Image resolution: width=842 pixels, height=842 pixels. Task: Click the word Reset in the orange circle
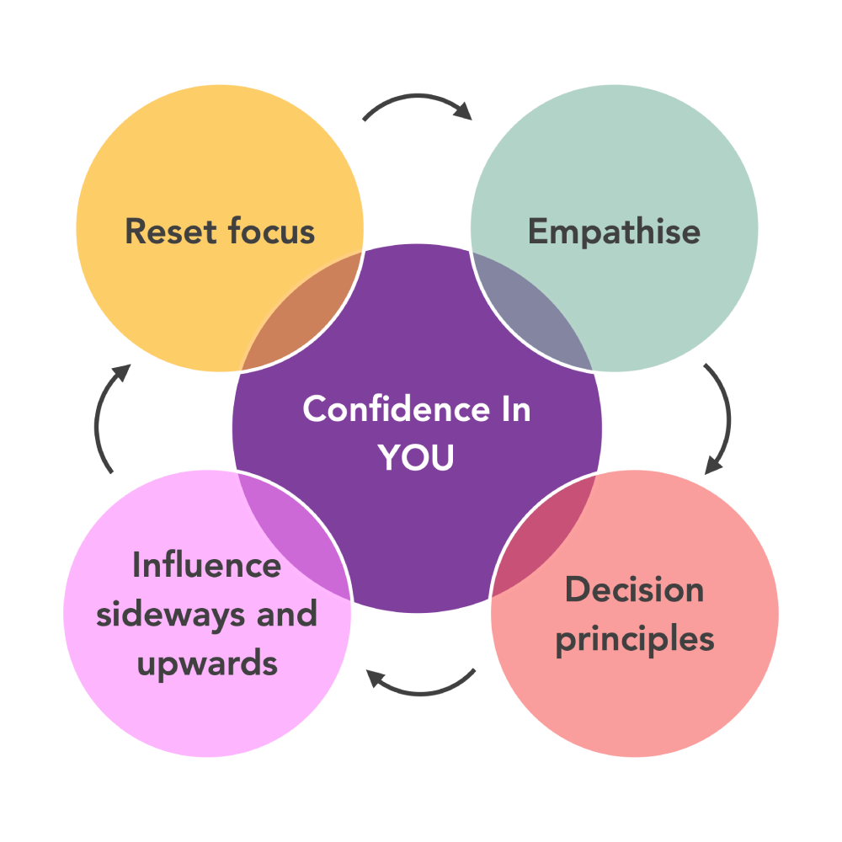[163, 232]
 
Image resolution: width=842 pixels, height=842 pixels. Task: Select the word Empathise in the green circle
[614, 232]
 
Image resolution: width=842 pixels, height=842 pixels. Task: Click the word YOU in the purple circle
[416, 458]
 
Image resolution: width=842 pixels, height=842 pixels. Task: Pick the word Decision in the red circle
[634, 589]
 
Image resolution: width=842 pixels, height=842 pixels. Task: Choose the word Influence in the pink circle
[206, 565]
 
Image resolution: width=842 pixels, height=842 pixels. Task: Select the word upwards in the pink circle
[206, 663]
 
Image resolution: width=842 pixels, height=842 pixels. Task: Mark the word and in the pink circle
[288, 614]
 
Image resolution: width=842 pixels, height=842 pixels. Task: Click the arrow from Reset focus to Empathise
[417, 103]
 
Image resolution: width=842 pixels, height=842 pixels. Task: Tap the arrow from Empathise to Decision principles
[722, 417]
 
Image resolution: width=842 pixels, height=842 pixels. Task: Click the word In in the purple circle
[511, 410]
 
